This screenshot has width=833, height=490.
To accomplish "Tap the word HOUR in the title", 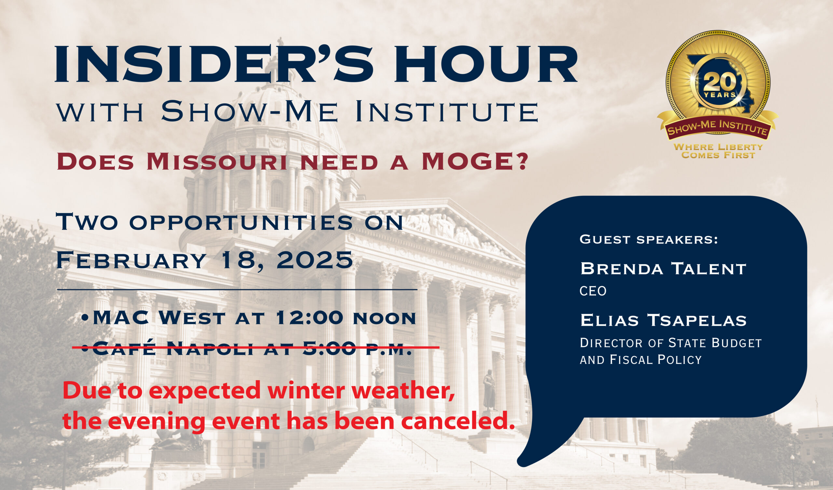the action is click(486, 64).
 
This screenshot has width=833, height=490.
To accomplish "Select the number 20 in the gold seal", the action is click(719, 82).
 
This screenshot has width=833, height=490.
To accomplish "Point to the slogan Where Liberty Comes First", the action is click(718, 151).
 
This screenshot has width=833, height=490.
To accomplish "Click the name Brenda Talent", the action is click(663, 268).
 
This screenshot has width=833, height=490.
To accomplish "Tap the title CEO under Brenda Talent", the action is click(593, 291).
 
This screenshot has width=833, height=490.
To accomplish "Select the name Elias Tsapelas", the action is click(663, 320).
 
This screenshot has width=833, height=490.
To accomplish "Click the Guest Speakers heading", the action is click(649, 239).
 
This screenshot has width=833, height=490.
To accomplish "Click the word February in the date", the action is click(131, 260).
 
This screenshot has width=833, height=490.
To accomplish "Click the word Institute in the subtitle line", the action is click(446, 111).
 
